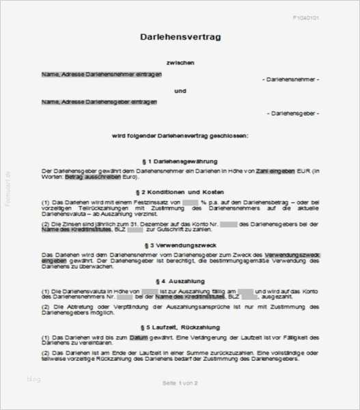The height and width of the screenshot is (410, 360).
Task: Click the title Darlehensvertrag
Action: coord(180,37)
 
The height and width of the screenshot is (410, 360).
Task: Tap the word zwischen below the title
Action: coord(180,62)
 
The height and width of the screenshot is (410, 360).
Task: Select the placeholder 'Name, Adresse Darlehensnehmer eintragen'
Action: coord(102,74)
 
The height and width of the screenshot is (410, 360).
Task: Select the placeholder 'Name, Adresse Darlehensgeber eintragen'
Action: coord(99,102)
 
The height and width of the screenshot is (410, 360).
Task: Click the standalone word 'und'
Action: coord(180,90)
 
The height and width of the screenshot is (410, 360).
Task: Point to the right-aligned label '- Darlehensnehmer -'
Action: coord(291,80)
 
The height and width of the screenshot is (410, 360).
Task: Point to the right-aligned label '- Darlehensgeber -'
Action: coord(293,112)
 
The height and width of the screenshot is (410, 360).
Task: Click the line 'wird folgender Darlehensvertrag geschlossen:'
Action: coord(180,135)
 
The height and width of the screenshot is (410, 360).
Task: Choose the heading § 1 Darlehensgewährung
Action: coord(180,160)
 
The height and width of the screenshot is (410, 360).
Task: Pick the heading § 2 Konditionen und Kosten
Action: coord(180,192)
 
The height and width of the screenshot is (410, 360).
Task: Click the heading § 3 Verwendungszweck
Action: coord(180,243)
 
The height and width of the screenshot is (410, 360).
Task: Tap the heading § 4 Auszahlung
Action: coord(180,281)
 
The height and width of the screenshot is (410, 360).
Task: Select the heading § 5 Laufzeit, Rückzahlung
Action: coord(180,328)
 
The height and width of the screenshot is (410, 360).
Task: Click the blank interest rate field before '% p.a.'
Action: coord(190,203)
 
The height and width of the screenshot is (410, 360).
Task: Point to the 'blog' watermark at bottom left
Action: coord(34,379)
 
